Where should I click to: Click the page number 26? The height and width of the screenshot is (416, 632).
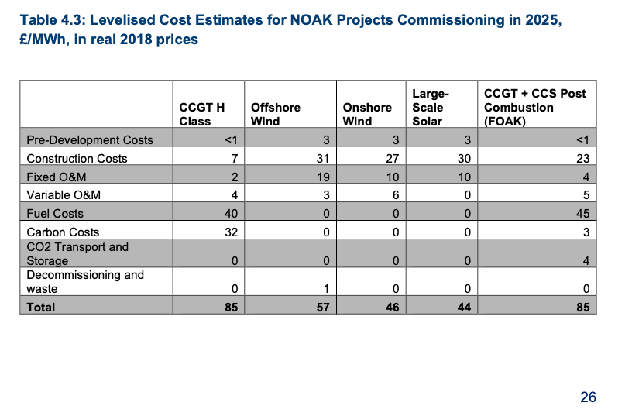pos(588,397)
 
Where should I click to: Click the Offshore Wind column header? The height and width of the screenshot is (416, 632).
pos(275,114)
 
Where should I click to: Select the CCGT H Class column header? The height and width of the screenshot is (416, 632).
pos(201,114)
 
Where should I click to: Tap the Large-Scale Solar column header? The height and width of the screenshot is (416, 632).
pos(430,107)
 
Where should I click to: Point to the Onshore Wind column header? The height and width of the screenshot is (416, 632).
pos(367,114)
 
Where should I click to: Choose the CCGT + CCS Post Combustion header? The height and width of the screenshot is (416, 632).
pos(534,107)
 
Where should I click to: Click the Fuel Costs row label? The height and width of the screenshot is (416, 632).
pos(55,213)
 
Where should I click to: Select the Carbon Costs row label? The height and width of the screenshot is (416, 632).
pos(63,232)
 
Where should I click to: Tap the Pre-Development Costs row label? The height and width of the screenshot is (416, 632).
pos(90,140)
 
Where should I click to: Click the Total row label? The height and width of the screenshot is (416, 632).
pos(41,307)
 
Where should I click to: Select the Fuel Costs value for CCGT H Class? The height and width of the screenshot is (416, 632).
pos(229,213)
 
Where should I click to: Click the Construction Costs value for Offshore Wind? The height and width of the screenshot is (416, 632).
pos(324,158)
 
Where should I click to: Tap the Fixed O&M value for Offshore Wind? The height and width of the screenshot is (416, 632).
pos(324,177)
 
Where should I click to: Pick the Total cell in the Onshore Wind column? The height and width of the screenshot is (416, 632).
pos(392,307)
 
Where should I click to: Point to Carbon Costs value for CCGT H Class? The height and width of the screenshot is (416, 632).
pos(229,232)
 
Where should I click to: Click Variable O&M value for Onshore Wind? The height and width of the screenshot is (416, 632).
pos(395,195)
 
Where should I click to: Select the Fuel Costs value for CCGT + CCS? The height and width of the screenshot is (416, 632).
pos(582,213)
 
